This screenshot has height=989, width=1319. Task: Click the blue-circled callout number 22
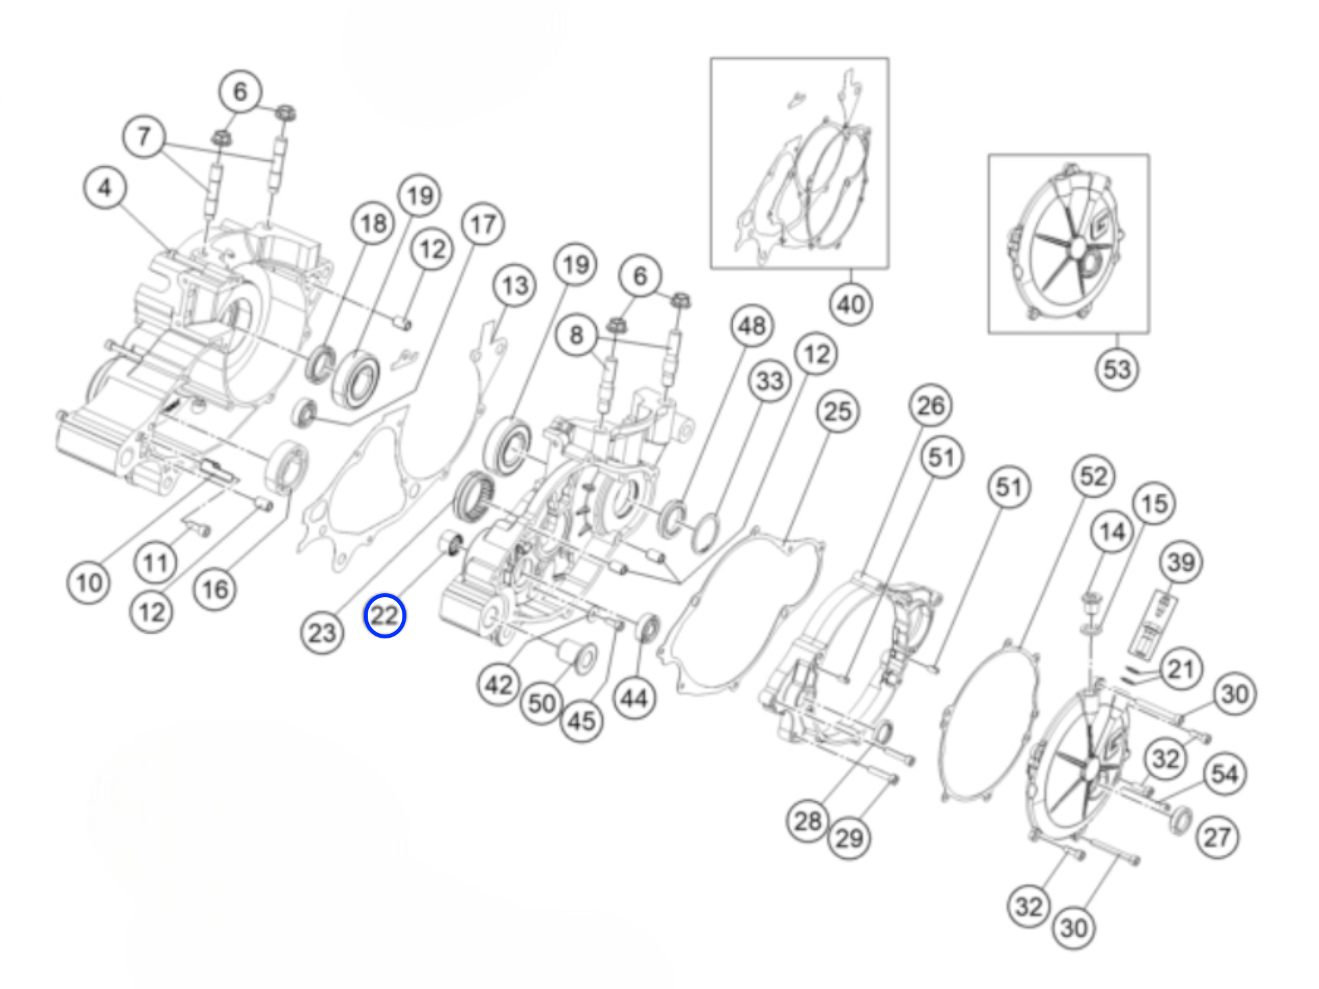click(385, 616)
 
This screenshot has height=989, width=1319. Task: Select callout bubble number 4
click(105, 188)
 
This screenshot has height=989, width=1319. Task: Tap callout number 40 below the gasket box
click(851, 305)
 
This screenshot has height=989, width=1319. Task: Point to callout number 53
click(1117, 370)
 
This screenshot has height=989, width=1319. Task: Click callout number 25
click(837, 412)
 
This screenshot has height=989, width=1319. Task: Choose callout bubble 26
click(930, 406)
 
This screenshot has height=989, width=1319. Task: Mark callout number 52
click(1093, 477)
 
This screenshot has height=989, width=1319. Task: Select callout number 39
click(1181, 563)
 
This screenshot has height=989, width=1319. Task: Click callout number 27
click(1217, 837)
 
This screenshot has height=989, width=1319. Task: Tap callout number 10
click(89, 583)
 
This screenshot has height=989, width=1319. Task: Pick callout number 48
click(752, 326)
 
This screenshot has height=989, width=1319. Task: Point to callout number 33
click(769, 381)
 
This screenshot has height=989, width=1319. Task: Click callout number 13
click(515, 286)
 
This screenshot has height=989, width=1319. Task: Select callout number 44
click(634, 699)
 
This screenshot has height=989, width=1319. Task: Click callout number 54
click(1225, 774)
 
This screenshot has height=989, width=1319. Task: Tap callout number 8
click(576, 336)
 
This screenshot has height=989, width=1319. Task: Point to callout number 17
click(483, 224)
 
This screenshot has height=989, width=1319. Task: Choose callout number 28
click(807, 822)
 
